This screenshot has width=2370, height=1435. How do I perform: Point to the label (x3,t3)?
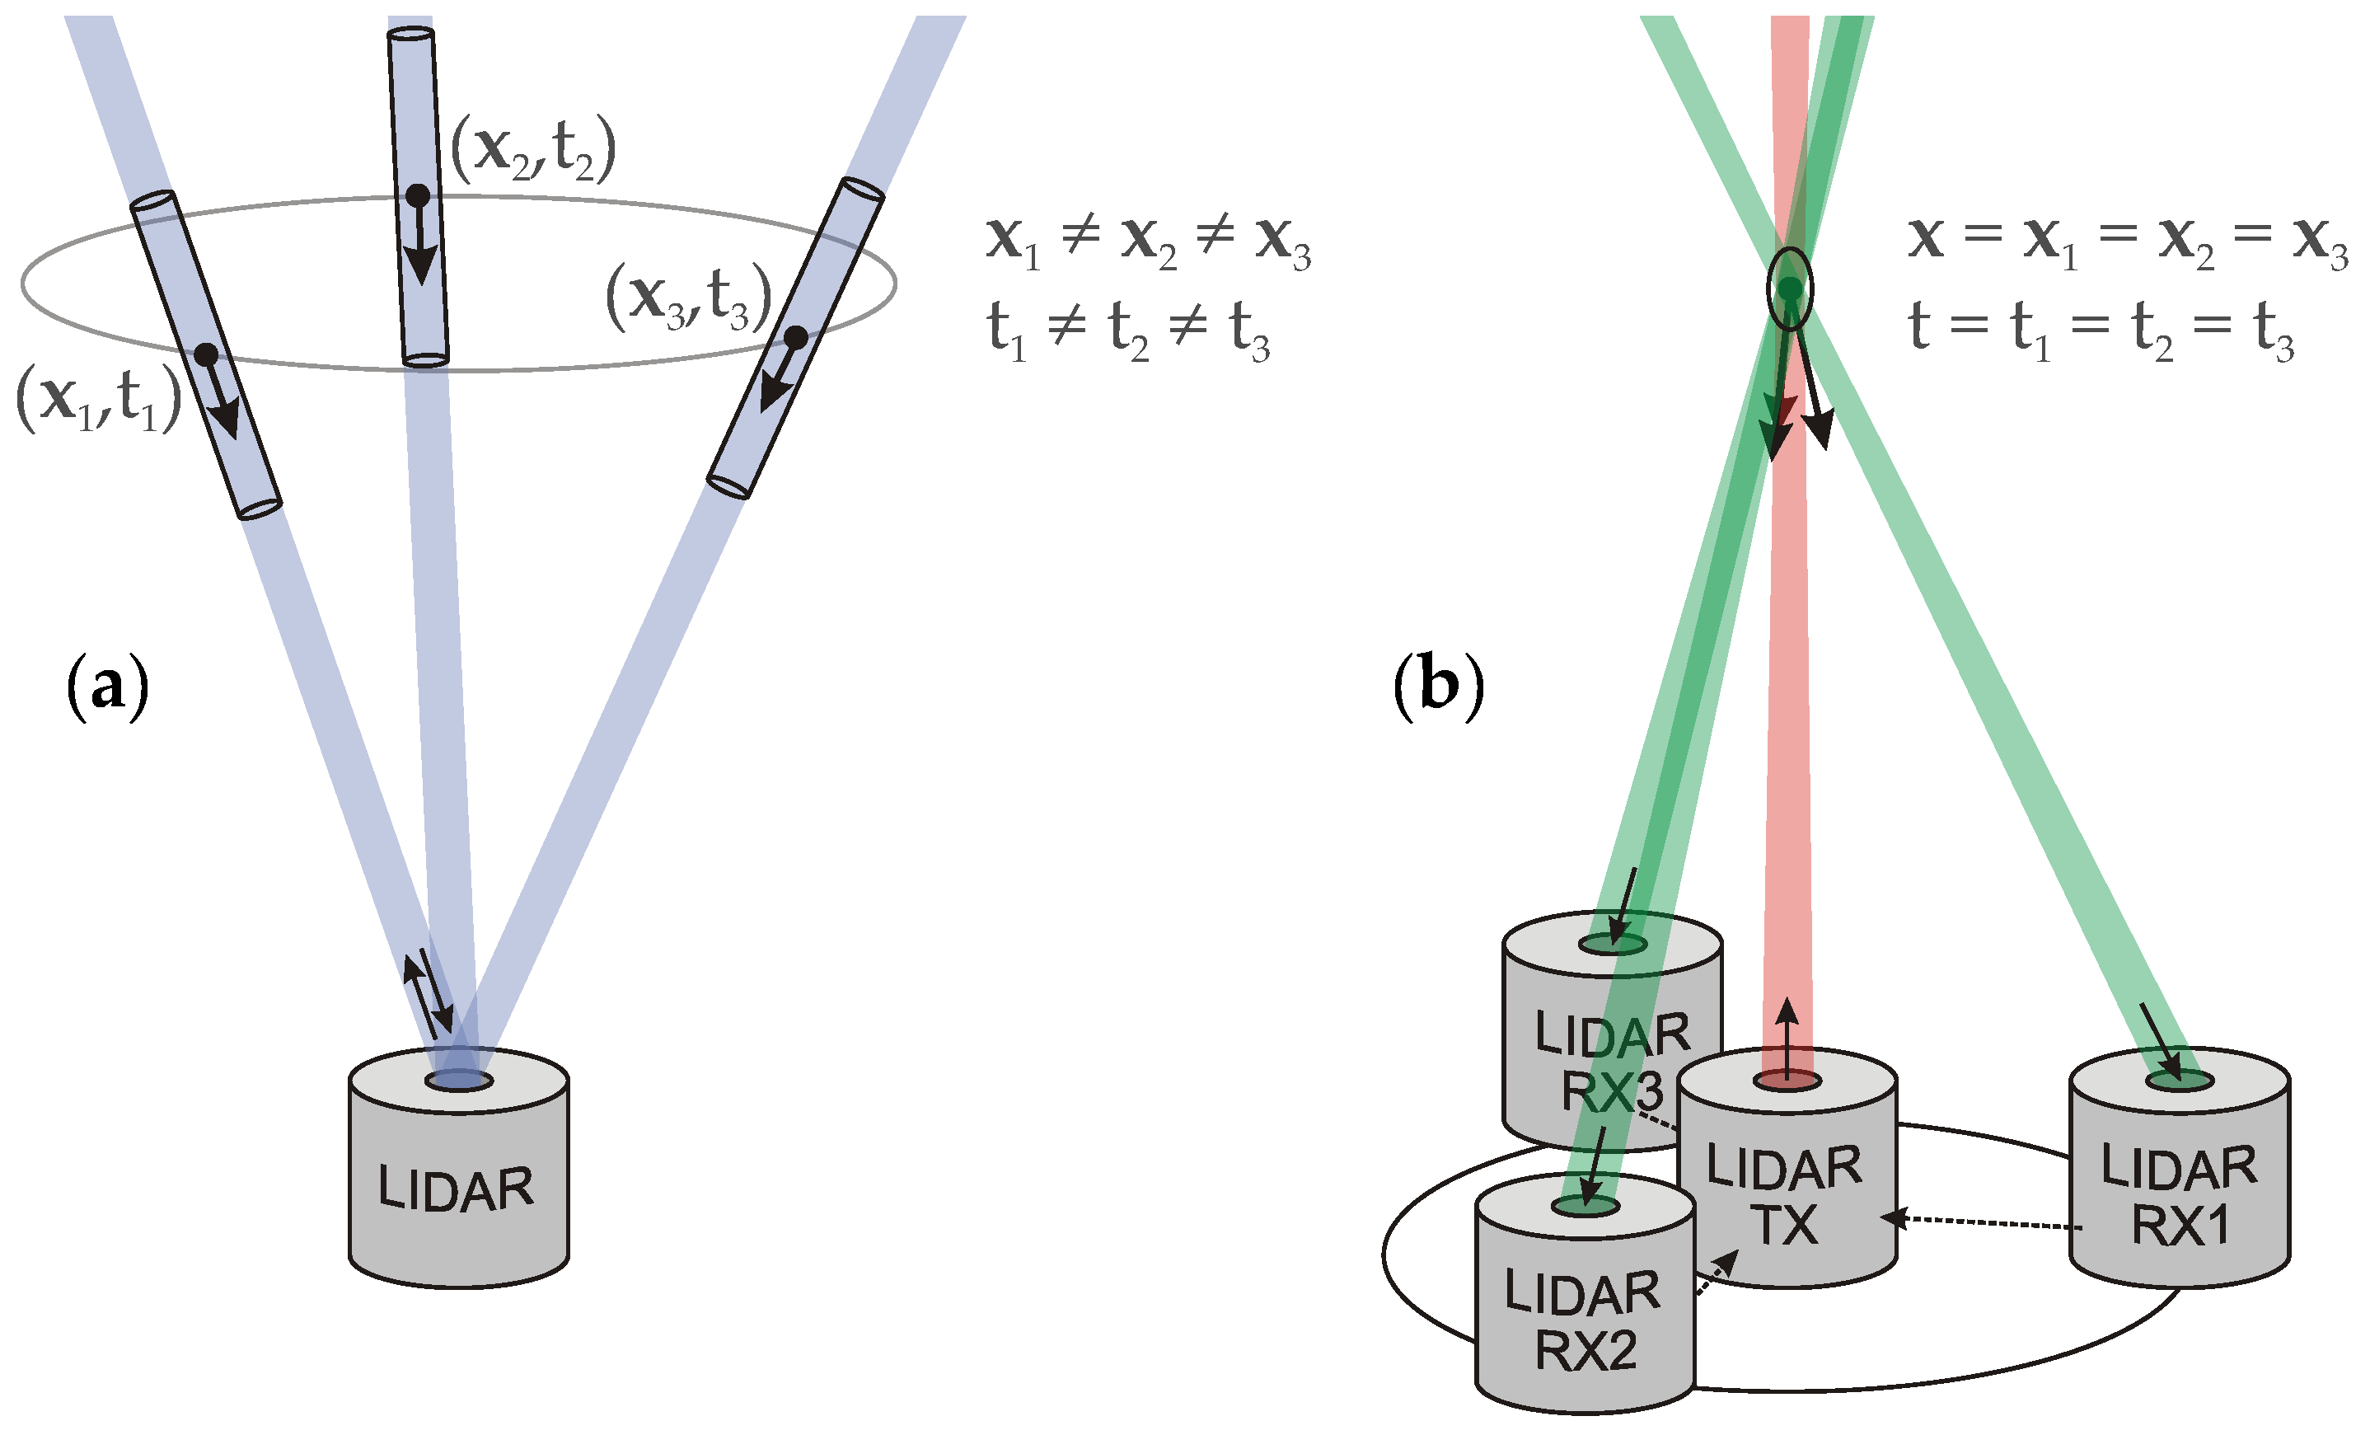[x=689, y=298]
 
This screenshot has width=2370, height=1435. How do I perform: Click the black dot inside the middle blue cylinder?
[x=418, y=196]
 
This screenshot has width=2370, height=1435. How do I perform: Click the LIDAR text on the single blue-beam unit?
[x=455, y=1189]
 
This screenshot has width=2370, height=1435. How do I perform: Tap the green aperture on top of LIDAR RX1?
[x=2180, y=1081]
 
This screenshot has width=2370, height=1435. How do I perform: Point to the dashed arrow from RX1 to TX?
[x=1981, y=1222]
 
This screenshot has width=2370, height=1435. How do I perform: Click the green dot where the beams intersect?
[x=1789, y=288]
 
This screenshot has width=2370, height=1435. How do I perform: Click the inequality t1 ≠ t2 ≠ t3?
[x=1128, y=329]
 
